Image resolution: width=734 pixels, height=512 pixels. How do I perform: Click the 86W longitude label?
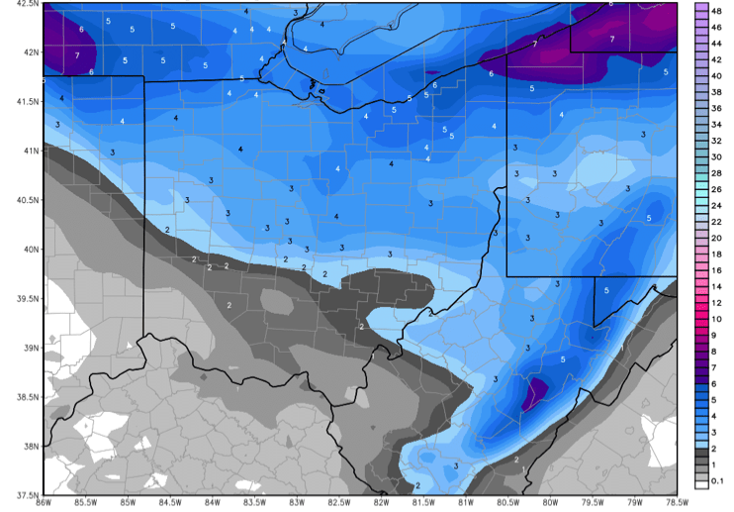pos(43,504)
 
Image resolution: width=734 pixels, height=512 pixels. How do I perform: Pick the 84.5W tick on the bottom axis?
pos(169,504)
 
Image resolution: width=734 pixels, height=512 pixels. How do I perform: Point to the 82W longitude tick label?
pos(380,504)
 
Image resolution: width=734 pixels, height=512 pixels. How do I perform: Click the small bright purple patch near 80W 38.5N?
pos(535,391)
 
